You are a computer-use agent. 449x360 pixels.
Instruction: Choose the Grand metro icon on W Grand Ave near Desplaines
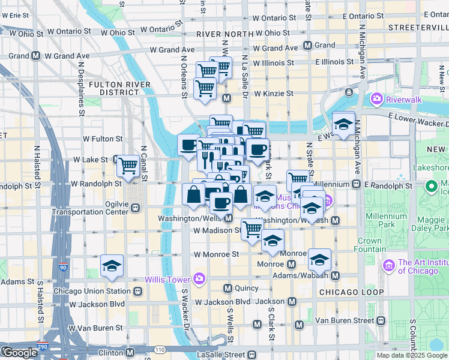37,56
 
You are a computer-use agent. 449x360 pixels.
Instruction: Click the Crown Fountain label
370,245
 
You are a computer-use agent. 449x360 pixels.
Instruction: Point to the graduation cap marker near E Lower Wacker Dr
343,124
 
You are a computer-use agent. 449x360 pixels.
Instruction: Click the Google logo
19,353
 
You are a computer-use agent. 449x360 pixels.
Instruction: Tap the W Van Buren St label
95,328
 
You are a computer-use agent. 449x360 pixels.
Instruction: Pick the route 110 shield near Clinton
159,349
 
